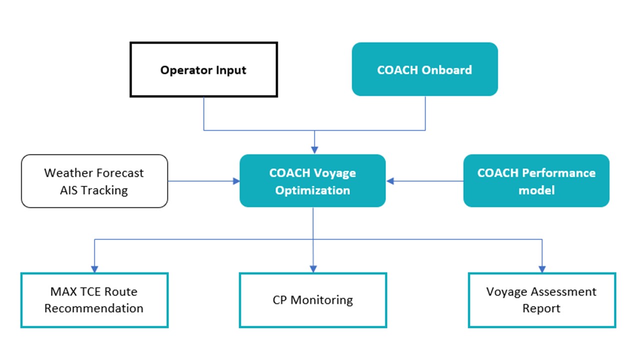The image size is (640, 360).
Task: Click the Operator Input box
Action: coord(203,69)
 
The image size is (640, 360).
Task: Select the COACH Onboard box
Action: coord(424,69)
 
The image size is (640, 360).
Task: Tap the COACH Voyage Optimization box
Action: coord(312,180)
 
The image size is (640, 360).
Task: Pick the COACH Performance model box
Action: coord(536,180)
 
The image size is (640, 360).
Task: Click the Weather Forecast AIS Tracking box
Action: coord(94,180)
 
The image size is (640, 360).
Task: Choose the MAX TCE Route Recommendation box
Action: coord(94,300)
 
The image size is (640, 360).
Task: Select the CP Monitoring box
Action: coord(312,300)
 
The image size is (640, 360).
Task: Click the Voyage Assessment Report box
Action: coord(541,300)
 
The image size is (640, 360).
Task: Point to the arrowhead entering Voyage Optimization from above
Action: coord(314,150)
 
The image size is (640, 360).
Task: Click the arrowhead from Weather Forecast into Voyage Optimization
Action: coord(236,181)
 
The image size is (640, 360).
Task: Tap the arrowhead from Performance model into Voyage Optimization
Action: coord(390,181)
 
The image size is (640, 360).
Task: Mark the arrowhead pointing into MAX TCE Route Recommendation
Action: coord(94,269)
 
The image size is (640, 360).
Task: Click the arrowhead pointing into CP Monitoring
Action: coord(313,269)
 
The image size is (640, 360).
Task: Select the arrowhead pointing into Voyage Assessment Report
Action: coord(541,269)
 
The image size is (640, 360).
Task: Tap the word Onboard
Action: coord(446,69)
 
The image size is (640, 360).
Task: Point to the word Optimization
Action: coord(312,190)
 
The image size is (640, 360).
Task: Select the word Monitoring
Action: coord(321,300)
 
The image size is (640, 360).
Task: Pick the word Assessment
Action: coord(563,291)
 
